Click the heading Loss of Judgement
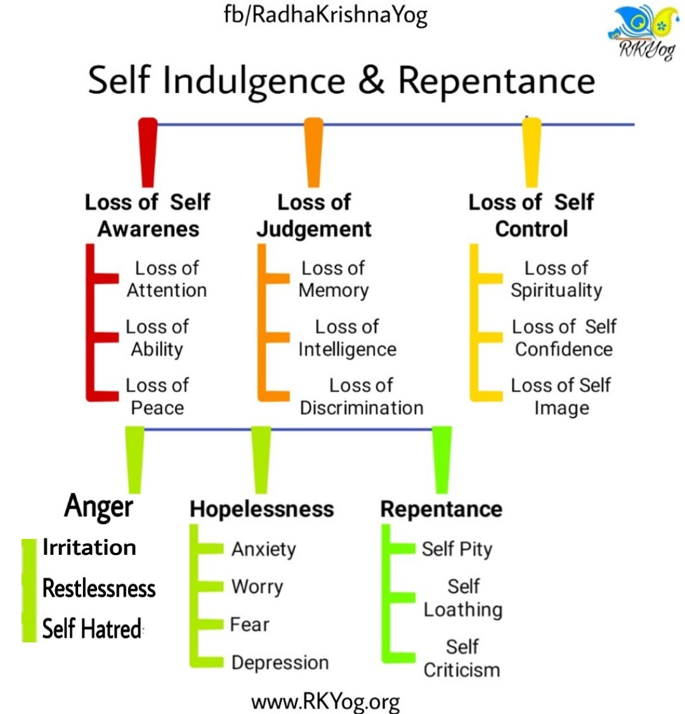[x=314, y=216]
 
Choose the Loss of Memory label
[x=334, y=279]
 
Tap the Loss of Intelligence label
[x=347, y=338]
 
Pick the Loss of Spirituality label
[x=556, y=279]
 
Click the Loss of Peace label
[x=157, y=396]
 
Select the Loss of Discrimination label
[x=362, y=396]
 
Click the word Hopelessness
[x=261, y=509]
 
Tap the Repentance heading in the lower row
[x=441, y=509]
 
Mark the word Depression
[x=280, y=663]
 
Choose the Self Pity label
[x=457, y=549]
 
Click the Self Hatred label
[x=92, y=629]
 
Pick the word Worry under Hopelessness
[x=257, y=587]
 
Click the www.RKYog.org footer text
[x=325, y=701]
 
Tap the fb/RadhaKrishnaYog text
[x=325, y=15]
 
